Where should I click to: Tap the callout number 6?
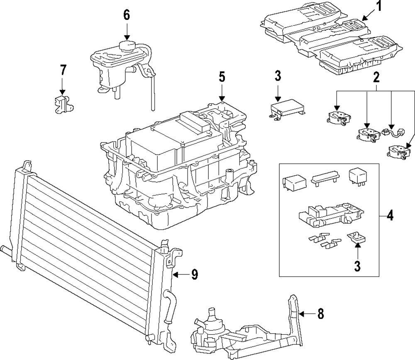click(127, 15)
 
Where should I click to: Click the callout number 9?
click(195, 275)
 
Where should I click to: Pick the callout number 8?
click(320, 314)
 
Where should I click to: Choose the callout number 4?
click(390, 216)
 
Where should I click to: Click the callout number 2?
click(376, 77)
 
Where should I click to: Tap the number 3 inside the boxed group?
click(357, 266)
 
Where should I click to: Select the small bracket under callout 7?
click(63, 105)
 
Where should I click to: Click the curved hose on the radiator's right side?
click(168, 306)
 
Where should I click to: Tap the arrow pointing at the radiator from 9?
click(180, 275)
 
